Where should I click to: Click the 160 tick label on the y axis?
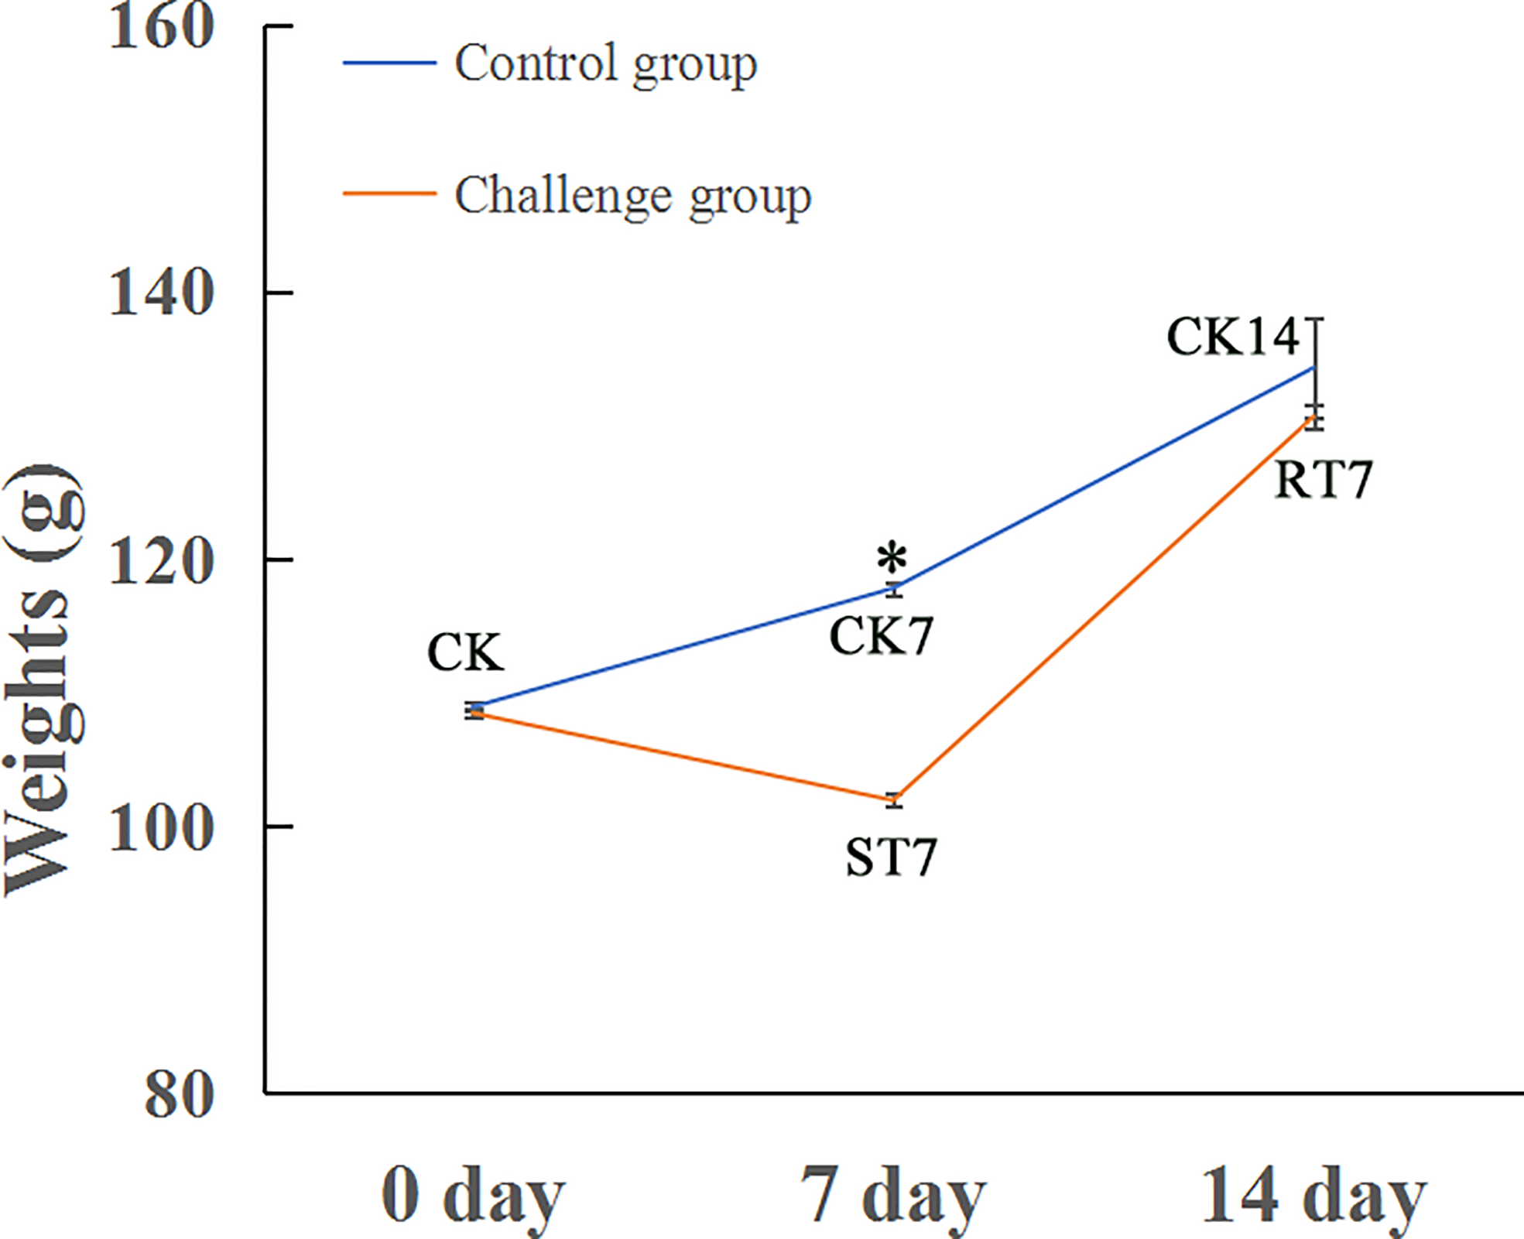[x=161, y=28]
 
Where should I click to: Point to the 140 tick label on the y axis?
[x=161, y=294]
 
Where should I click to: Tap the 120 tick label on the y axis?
[x=161, y=561]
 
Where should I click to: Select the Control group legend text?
[x=605, y=64]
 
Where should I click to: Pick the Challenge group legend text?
[x=632, y=197]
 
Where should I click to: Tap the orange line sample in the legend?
[x=389, y=193]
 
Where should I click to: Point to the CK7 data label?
[x=881, y=637]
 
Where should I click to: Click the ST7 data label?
[x=891, y=857]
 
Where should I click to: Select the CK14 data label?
[x=1232, y=337]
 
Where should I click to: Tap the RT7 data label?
[x=1323, y=480]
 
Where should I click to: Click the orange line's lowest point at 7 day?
[x=894, y=799]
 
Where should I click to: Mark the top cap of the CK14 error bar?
[x=1314, y=318]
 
